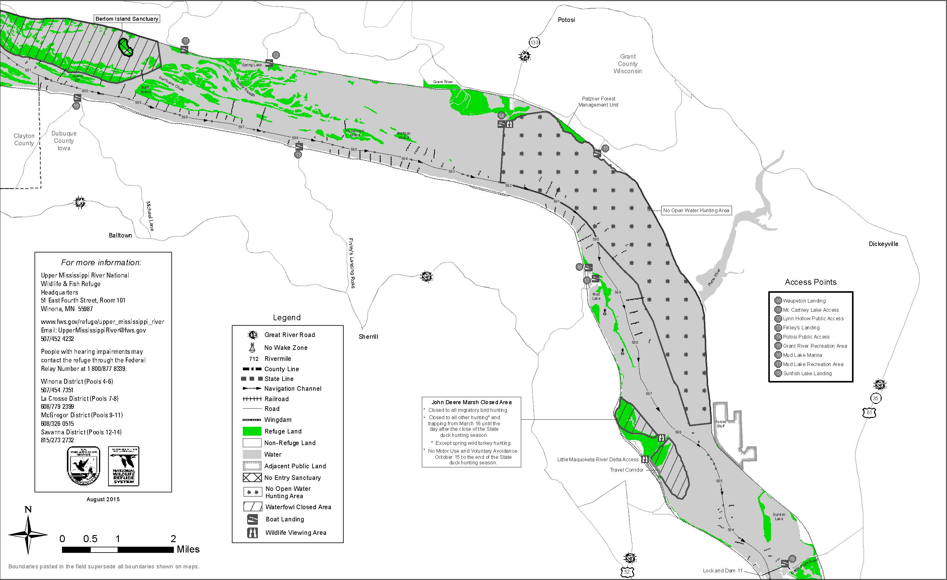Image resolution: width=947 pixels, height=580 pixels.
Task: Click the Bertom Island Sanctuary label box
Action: click(x=127, y=19)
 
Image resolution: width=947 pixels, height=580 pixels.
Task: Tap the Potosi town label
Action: click(x=566, y=20)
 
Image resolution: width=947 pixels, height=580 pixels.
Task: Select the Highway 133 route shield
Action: click(x=534, y=42)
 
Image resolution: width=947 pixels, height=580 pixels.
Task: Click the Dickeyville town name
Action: click(x=883, y=244)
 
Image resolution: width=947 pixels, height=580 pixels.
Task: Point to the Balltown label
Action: click(x=120, y=235)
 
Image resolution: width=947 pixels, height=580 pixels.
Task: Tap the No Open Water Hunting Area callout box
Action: click(x=696, y=211)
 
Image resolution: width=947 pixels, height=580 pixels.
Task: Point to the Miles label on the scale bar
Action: click(x=188, y=549)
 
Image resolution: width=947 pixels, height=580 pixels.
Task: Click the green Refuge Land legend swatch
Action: click(x=252, y=431)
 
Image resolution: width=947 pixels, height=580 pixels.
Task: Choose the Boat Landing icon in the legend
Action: click(x=252, y=519)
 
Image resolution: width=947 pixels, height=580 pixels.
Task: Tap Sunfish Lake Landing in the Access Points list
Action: click(x=807, y=373)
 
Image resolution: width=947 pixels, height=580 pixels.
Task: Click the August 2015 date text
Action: click(x=103, y=499)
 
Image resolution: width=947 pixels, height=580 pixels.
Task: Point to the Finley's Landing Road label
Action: click(x=352, y=263)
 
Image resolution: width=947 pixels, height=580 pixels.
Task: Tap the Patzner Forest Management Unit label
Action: click(x=598, y=102)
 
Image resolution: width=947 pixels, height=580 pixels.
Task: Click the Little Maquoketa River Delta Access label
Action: click(x=598, y=460)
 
